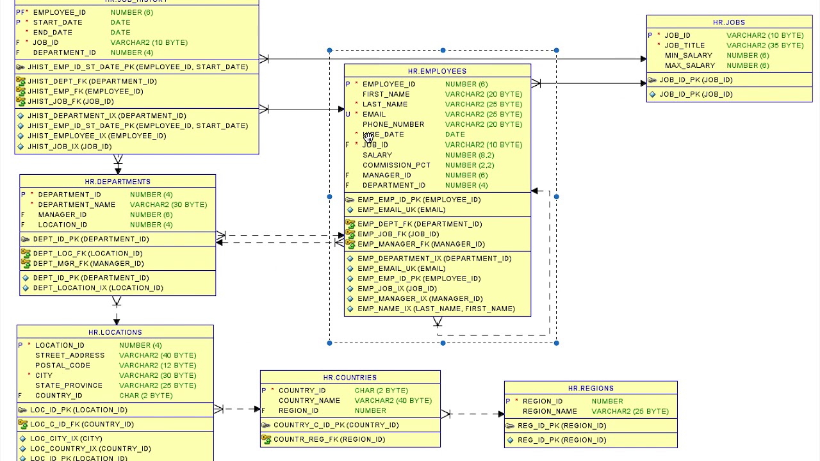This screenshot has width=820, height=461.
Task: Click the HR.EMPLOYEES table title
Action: [437, 71]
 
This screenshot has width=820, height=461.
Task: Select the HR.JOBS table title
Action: [728, 22]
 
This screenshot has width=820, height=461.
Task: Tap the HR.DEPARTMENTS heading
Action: [117, 182]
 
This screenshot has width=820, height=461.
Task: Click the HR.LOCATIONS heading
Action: [115, 332]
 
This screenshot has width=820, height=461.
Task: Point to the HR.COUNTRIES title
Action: [350, 378]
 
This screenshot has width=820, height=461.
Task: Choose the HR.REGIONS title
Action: [591, 389]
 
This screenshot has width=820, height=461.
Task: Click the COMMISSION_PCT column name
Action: [396, 165]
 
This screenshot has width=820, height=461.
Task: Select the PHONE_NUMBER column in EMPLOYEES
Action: [393, 124]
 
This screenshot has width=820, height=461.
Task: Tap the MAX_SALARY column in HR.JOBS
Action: [689, 65]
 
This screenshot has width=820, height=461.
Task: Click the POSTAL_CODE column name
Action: [62, 366]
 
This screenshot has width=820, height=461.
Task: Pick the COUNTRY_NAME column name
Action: [309, 401]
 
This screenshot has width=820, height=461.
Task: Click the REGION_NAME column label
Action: [549, 412]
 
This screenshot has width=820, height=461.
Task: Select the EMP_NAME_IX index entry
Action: [436, 309]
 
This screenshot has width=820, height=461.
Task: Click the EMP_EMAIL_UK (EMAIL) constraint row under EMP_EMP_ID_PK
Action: [401, 210]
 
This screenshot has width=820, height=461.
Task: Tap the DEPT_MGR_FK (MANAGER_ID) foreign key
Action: [88, 264]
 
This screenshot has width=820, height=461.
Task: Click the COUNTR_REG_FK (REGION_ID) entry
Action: [329, 439]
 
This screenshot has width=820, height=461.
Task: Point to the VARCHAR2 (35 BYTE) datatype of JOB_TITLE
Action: [764, 45]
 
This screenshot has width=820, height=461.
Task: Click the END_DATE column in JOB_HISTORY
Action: [53, 33]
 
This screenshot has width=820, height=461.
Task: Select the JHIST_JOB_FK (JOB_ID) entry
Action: [70, 101]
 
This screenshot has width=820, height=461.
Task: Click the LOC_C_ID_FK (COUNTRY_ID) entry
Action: [81, 425]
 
